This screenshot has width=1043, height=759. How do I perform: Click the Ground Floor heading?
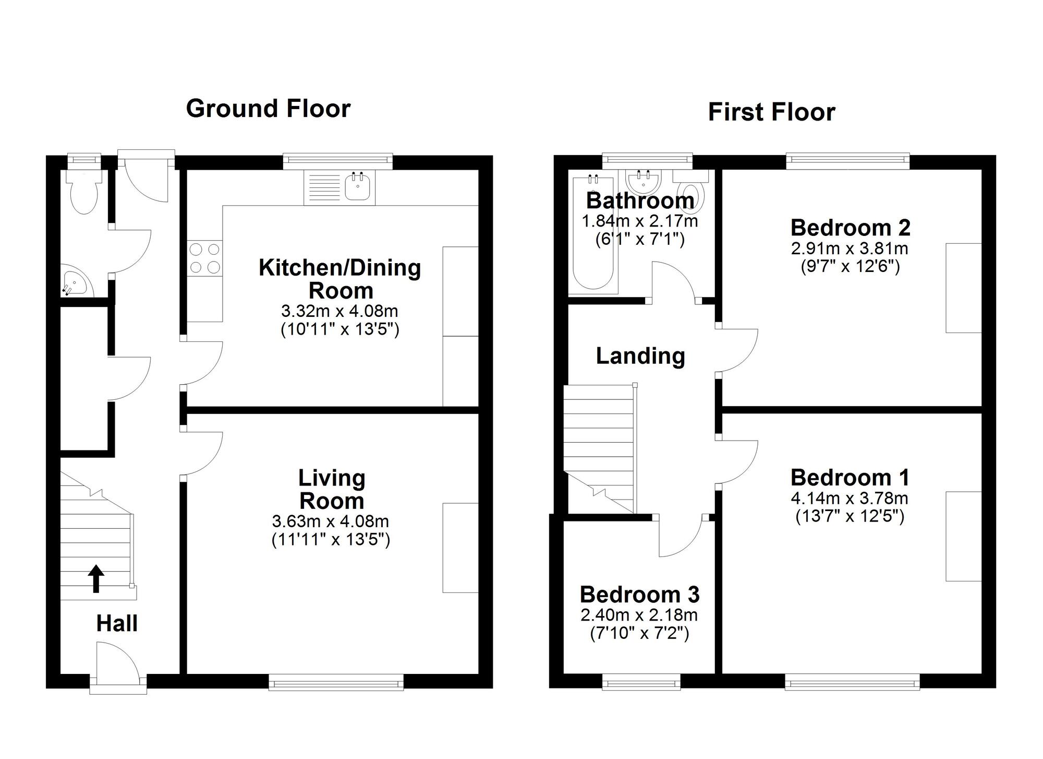pos(268,109)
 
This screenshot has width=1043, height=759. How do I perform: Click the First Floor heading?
pos(771,112)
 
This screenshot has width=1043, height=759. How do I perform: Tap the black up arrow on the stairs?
pos(96,578)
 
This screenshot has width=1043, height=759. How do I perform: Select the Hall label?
pos(117,623)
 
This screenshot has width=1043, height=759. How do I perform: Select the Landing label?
pos(640,356)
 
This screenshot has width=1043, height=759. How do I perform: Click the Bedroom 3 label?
pos(639,595)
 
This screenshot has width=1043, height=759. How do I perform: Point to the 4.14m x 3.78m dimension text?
pos(850,498)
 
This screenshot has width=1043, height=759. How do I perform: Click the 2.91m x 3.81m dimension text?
pos(850,248)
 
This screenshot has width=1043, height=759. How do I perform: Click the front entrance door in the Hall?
pos(117,663)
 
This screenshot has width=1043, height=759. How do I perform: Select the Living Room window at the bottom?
pos(336,682)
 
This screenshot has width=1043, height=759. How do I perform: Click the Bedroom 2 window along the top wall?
pos(847,161)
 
